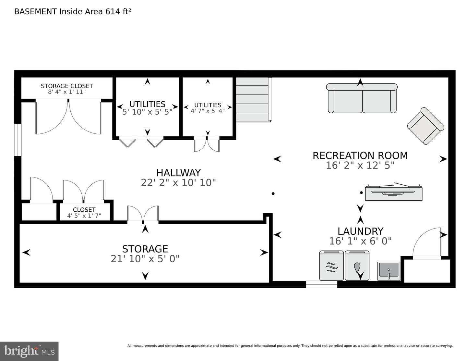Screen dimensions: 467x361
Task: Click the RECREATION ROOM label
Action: tap(360, 156)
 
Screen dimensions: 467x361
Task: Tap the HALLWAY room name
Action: tap(178, 173)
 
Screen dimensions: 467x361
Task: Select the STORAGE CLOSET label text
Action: tap(67, 86)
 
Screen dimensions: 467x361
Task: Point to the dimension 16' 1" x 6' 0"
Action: tap(360, 241)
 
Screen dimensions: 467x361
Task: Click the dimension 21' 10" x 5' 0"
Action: tap(145, 259)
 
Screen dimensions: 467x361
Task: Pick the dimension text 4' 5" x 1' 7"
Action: tap(84, 216)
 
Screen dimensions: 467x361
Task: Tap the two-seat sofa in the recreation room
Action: tap(362, 98)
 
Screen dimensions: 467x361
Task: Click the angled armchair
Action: tap(425, 126)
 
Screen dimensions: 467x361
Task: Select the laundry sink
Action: tap(389, 271)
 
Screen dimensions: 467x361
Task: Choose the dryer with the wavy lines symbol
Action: tap(331, 266)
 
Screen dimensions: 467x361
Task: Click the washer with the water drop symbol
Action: tap(357, 266)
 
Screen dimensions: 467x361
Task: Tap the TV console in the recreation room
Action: tap(394, 192)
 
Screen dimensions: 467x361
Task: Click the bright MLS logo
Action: tap(29, 351)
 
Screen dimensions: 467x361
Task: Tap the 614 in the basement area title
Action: tap(113, 11)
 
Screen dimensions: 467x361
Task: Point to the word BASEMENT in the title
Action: tap(36, 11)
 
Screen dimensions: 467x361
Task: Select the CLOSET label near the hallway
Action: tap(84, 209)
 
